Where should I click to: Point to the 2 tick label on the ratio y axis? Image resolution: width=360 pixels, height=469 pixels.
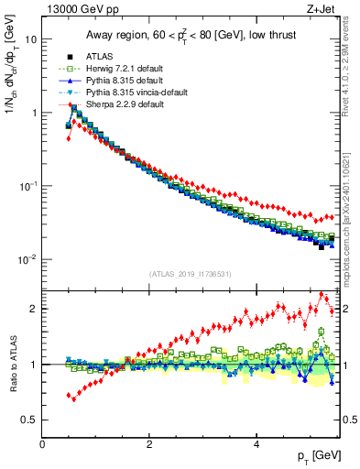coord(34,309)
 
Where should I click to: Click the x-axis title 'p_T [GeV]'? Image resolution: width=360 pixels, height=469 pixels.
coord(318,455)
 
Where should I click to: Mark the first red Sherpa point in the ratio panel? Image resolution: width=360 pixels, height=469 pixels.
coord(69,396)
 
